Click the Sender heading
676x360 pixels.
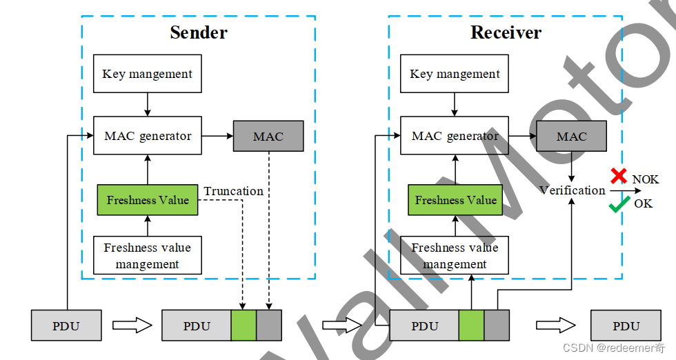[x=199, y=32]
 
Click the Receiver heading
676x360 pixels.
[x=506, y=32]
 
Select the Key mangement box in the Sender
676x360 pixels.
[x=147, y=74]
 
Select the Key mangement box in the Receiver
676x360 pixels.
[x=455, y=74]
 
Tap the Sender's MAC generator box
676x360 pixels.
[x=147, y=136]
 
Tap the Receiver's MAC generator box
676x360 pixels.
[x=455, y=136]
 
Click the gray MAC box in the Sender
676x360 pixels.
[x=268, y=136]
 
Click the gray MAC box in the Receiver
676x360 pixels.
[x=571, y=136]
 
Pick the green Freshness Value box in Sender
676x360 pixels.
[x=147, y=200]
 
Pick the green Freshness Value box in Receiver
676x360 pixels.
[x=455, y=200]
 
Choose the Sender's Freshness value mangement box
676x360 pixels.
[x=147, y=255]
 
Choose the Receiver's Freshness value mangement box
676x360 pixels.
[x=455, y=255]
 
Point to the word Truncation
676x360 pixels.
[x=233, y=191]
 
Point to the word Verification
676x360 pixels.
[x=572, y=190]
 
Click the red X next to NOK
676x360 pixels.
[x=619, y=176]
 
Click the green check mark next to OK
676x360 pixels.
[x=619, y=204]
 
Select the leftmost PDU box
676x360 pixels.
[x=66, y=326]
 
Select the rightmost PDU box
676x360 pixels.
[x=626, y=326]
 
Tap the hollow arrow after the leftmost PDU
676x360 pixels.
[x=132, y=326]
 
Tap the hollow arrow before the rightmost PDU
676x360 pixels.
[x=556, y=326]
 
